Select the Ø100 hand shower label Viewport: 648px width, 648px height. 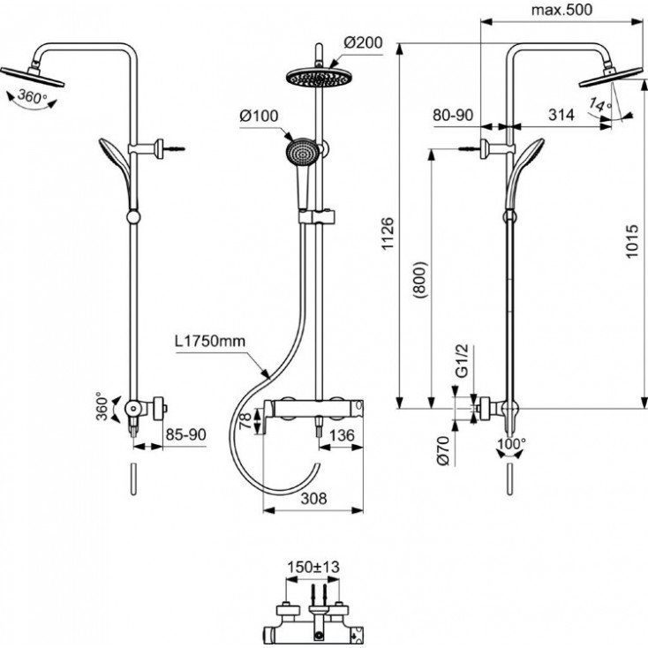[x=259, y=117]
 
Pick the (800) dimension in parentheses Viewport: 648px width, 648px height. [x=421, y=280]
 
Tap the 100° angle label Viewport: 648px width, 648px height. [x=512, y=443]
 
